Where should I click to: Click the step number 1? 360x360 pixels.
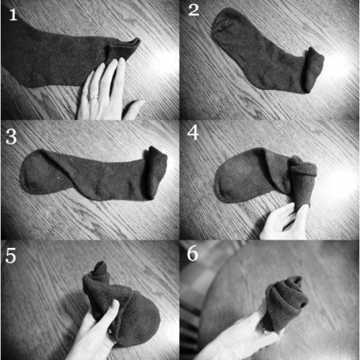14,14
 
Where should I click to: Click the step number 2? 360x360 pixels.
194,11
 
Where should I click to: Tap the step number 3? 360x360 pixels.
11,137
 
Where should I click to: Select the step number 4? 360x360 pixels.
193,132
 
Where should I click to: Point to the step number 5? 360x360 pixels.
11,256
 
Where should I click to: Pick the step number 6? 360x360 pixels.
193,253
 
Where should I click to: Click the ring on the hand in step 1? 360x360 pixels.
93,97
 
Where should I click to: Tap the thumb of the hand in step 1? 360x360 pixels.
133,110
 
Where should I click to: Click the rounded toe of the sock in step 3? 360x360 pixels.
32,176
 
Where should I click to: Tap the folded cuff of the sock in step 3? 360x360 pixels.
155,172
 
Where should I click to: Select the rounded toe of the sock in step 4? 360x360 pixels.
231,181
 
